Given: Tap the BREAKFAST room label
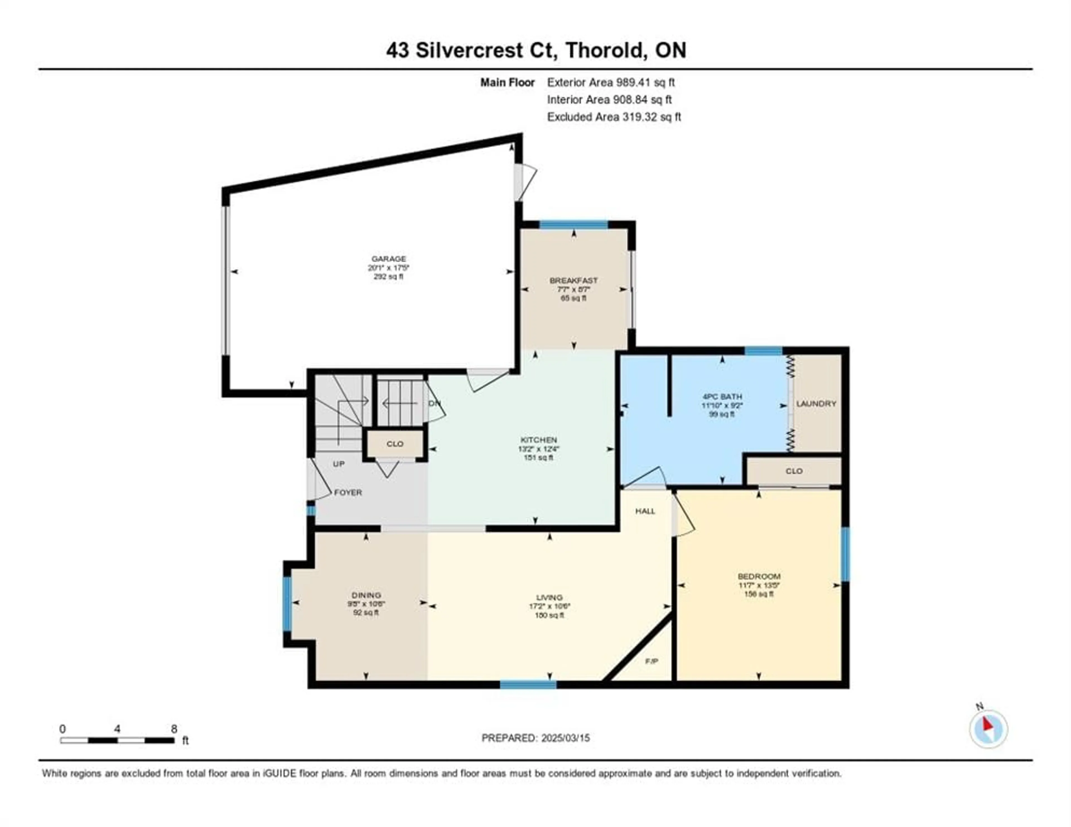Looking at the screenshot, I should (x=573, y=280).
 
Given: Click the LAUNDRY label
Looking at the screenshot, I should (x=816, y=403).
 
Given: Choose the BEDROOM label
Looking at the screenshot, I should (x=759, y=576).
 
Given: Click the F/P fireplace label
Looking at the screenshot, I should (x=651, y=661).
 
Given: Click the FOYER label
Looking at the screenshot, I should (x=348, y=492).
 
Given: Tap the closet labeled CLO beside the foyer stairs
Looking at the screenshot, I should (x=395, y=444).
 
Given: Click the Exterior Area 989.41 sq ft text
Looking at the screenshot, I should (x=611, y=82).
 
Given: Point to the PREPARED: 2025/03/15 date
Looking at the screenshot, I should (x=535, y=738).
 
